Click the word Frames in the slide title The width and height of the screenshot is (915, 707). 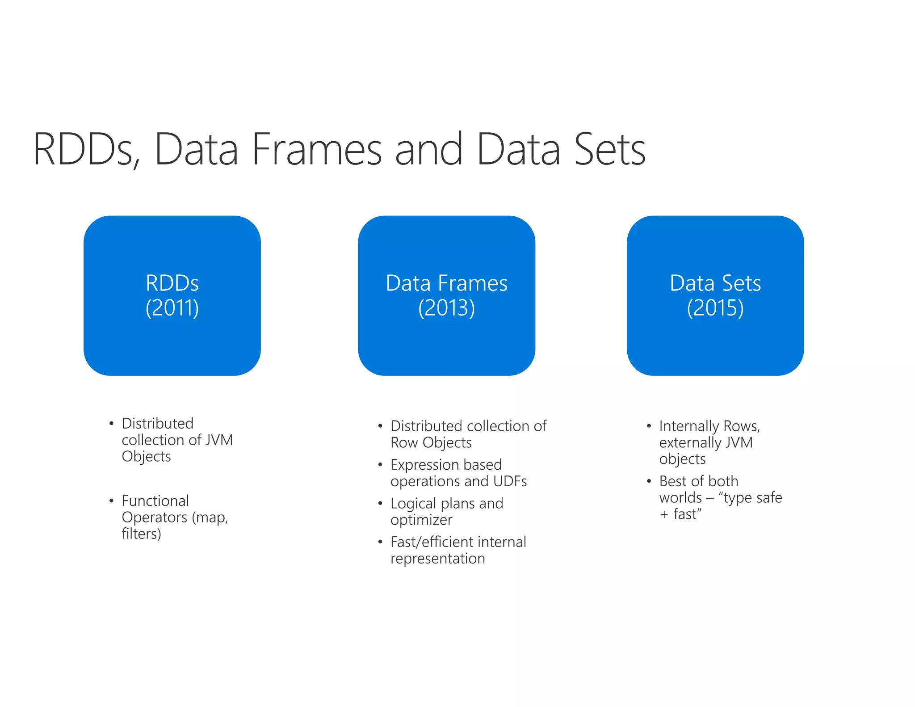pyautogui.click(x=316, y=149)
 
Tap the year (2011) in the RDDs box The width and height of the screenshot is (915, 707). pyautogui.click(x=172, y=308)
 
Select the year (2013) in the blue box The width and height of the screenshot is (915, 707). pyautogui.click(x=446, y=308)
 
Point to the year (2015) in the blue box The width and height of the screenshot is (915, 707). pyautogui.click(x=715, y=308)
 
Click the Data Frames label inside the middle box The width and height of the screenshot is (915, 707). pyautogui.click(x=446, y=283)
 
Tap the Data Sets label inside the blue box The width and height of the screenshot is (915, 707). pyautogui.click(x=715, y=283)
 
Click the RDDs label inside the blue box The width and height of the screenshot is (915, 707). pyautogui.click(x=172, y=283)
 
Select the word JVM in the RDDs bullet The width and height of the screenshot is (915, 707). pyautogui.click(x=219, y=440)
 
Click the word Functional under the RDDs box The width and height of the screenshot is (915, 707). pyautogui.click(x=155, y=501)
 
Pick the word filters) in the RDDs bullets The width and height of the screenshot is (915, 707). pyautogui.click(x=141, y=534)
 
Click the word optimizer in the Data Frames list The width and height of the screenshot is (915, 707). pyautogui.click(x=421, y=520)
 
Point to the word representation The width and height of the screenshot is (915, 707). pyautogui.click(x=437, y=559)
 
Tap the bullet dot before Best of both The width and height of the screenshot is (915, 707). pyautogui.click(x=649, y=481)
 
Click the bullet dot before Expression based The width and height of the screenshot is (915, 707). pyautogui.click(x=380, y=465)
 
